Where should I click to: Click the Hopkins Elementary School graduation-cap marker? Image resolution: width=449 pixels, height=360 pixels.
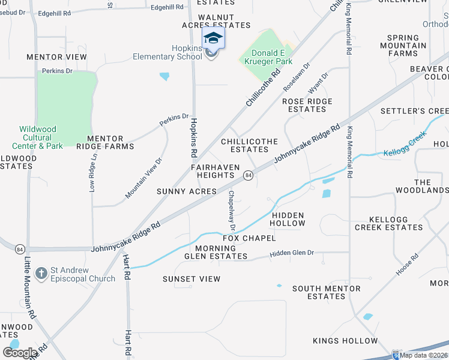(213, 39)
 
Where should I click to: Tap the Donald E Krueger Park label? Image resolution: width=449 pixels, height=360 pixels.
(267, 58)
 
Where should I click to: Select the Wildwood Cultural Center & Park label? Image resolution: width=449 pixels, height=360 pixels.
(37, 137)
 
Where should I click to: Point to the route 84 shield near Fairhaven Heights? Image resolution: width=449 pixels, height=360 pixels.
(247, 175)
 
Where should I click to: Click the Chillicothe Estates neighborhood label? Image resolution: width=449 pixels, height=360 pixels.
(249, 146)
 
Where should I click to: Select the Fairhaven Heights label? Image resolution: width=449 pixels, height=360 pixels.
(215, 171)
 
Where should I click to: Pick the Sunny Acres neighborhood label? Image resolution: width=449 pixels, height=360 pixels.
(187, 191)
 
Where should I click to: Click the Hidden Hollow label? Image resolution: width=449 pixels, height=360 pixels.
(288, 219)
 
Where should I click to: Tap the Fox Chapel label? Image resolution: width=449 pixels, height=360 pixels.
(249, 238)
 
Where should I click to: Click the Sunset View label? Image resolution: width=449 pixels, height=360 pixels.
(191, 279)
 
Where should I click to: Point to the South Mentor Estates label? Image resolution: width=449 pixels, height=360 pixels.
(327, 292)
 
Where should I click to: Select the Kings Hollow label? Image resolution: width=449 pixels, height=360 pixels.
(345, 341)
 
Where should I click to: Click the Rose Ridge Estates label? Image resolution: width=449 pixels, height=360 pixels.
(307, 106)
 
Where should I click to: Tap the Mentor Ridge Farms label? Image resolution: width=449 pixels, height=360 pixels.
(100, 142)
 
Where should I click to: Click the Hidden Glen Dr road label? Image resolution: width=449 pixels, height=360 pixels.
(292, 253)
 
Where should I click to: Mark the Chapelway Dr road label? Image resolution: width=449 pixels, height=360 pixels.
(231, 211)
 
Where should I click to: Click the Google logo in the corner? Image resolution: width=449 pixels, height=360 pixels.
(20, 353)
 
